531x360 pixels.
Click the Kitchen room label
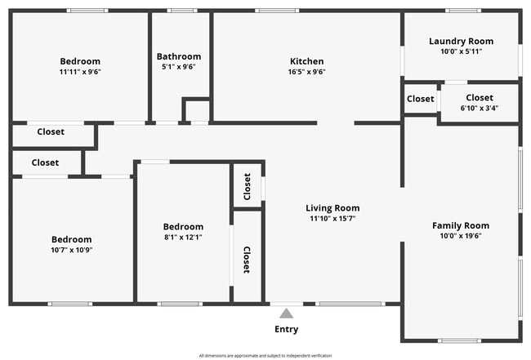307,61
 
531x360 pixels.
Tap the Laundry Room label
461,41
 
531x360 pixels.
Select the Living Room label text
332,208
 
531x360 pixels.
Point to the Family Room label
461,226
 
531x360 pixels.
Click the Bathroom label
179,56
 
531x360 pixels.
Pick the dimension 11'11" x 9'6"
80,72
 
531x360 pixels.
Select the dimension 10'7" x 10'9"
72,250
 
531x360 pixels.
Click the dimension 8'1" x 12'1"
183,237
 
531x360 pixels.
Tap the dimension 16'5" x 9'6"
307,72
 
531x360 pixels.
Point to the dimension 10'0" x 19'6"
461,237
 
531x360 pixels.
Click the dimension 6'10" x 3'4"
480,108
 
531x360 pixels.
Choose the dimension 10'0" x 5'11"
461,51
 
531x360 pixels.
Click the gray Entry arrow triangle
286,313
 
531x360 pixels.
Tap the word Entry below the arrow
286,330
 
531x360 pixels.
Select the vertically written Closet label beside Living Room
247,260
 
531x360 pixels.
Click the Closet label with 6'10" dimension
480,97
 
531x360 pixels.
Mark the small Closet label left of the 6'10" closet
421,99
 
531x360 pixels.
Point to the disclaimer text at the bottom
265,356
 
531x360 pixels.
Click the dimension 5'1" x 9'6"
179,67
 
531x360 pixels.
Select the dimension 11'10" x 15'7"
332,219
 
